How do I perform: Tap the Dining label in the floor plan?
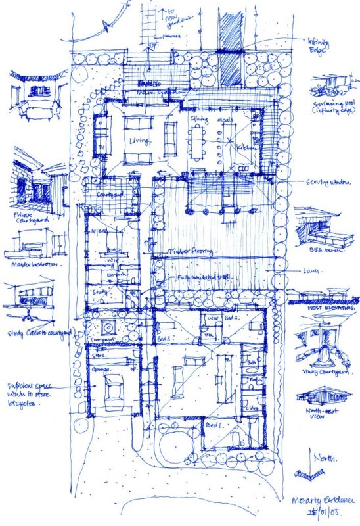pyautogui.click(x=198, y=119)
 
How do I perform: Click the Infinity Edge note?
pyautogui.click(x=321, y=43)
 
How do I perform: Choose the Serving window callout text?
pyautogui.click(x=324, y=182)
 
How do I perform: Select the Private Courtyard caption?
pyautogui.click(x=31, y=218)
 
